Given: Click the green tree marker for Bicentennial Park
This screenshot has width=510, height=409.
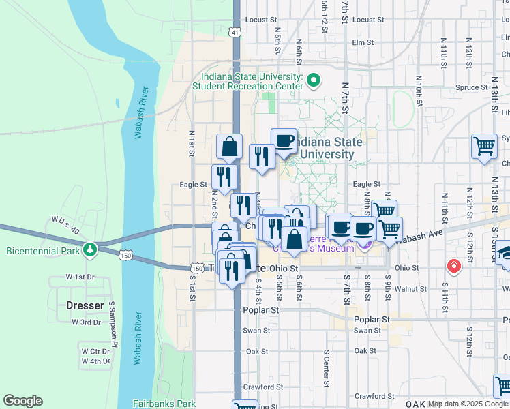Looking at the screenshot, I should tap(89, 251).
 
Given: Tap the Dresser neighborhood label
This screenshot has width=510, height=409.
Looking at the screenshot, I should tap(85, 305).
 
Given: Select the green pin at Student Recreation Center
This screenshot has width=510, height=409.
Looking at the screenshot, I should tap(314, 81).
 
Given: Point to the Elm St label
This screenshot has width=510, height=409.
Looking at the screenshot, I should tap(363, 42).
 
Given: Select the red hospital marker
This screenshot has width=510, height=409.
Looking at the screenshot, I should tap(452, 265).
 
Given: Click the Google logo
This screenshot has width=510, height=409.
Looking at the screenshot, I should tap(22, 401).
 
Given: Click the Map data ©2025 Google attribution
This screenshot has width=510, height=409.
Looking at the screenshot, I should tap(468, 404).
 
